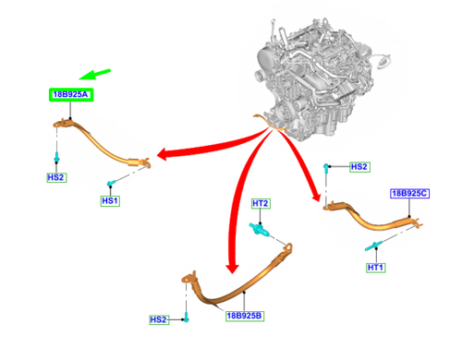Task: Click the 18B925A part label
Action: [71, 94]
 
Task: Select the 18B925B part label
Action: [245, 316]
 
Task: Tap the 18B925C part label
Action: [410, 194]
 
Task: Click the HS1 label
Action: [110, 201]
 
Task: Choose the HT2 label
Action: [261, 204]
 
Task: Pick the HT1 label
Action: [376, 268]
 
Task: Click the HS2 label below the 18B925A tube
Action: [56, 177]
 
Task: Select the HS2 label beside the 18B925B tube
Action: [159, 319]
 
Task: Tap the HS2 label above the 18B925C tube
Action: [359, 167]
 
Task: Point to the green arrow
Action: [94, 74]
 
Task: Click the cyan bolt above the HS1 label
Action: [111, 184]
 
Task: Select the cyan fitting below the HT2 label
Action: [260, 229]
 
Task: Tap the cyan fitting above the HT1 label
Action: [374, 246]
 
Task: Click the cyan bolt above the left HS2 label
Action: [56, 157]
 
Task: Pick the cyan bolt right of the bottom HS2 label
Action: [186, 318]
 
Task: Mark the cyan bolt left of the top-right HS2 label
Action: [325, 168]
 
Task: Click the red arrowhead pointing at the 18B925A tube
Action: [163, 154]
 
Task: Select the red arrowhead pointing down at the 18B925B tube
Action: [232, 268]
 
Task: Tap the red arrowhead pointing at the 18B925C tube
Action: [316, 196]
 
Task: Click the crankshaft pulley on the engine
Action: [282, 111]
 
